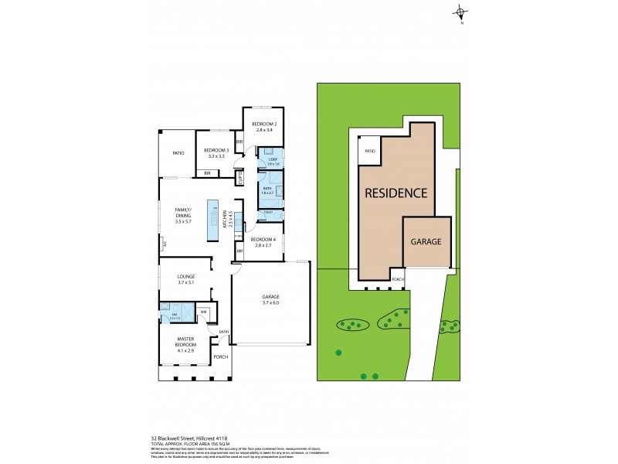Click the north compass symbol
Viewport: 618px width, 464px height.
(461, 12)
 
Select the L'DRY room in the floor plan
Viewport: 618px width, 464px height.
(272, 160)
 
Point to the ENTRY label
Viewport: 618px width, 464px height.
(224, 333)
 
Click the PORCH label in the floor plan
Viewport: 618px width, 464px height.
(221, 357)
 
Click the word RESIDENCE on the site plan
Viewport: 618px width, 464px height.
(396, 193)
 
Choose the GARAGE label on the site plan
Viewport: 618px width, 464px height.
(426, 241)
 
